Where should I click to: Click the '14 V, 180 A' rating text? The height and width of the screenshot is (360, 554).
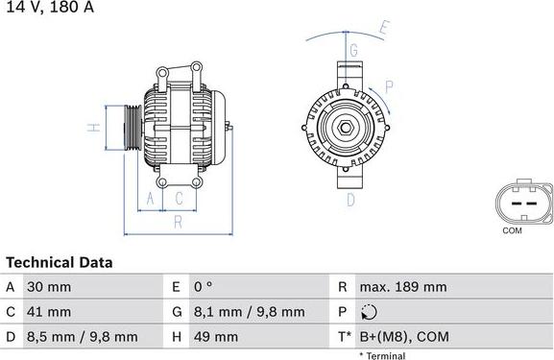click(x=47, y=8)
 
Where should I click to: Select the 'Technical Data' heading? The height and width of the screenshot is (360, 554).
click(x=60, y=262)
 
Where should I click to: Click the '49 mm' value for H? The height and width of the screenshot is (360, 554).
click(x=218, y=337)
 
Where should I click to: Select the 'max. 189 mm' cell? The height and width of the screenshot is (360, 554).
click(x=402, y=287)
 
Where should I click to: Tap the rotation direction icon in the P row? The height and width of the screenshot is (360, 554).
click(x=372, y=312)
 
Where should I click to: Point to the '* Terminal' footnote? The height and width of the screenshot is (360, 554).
click(x=382, y=355)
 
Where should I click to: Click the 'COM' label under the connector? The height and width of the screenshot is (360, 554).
click(x=512, y=230)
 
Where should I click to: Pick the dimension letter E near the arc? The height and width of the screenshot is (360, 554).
click(x=383, y=28)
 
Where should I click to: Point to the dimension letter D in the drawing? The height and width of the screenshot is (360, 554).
click(x=350, y=199)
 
